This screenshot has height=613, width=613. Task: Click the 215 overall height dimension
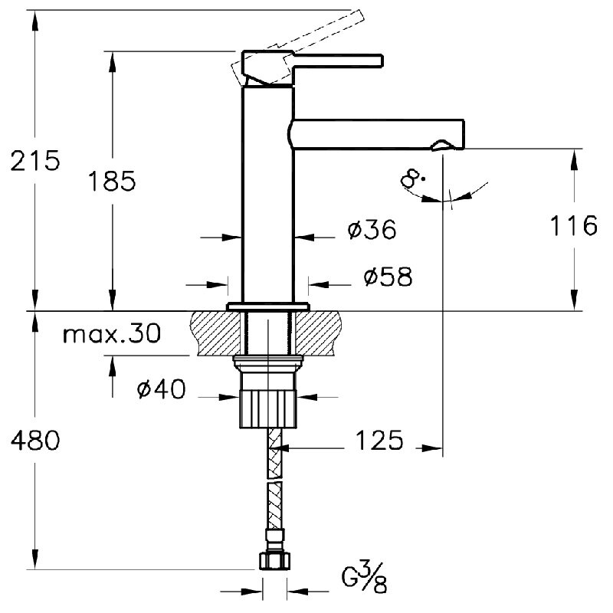35,160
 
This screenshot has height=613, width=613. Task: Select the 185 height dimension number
113,181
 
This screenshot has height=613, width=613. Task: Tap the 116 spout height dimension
573,225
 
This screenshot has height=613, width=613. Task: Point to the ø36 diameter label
372,229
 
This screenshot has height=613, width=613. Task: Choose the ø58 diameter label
388,277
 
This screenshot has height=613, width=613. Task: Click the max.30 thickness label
112,334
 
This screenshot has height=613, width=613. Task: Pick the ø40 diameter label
162,389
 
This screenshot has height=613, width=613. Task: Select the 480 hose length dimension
35,440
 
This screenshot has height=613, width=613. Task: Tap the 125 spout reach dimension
379,440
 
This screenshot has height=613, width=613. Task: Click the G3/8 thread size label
365,577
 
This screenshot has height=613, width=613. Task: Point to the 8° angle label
412,179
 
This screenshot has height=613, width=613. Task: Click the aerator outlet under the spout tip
443,146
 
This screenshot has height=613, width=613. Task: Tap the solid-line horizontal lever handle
338,61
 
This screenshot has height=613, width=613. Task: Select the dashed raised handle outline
297,45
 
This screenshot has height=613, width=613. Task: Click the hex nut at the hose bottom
275,560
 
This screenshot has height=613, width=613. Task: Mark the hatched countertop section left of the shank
215,333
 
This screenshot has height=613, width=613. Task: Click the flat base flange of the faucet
267,306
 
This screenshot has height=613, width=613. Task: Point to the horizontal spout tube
376,134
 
